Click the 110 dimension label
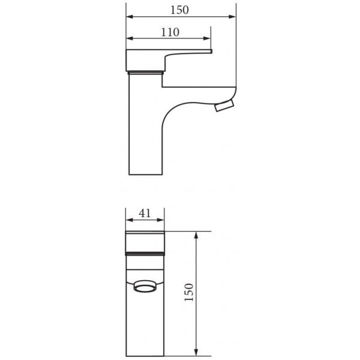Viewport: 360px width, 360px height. point(170,32)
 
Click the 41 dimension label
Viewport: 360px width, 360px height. point(145,213)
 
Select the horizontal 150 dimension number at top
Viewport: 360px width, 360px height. point(179,10)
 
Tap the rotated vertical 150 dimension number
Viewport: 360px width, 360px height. point(189,292)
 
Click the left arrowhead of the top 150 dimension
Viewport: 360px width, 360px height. point(130,17)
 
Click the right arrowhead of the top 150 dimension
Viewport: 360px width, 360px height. point(232,17)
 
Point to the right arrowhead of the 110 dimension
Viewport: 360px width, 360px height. point(207,38)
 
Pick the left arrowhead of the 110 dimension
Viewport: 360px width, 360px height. point(130,38)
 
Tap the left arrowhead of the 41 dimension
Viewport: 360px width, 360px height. point(130,220)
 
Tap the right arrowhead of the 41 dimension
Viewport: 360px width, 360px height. point(160,220)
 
